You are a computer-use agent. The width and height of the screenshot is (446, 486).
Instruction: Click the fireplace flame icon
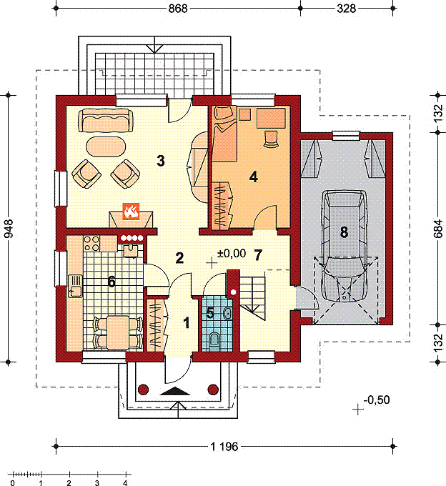pyautogui.click(x=131, y=212)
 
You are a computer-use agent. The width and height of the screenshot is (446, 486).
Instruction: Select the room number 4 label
pyautogui.click(x=254, y=177)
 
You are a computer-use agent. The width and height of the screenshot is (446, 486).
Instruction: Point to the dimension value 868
pyautogui.click(x=178, y=9)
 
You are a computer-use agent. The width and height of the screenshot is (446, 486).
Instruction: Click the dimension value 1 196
pyautogui.click(x=224, y=447)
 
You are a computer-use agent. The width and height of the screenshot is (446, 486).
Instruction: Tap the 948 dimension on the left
pyautogui.click(x=9, y=229)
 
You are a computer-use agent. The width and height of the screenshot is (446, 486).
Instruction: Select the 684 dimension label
pyautogui.click(x=438, y=229)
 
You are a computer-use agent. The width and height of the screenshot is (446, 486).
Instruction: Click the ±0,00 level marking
pyautogui.click(x=231, y=254)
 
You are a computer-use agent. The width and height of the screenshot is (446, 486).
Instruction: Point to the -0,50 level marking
pyautogui.click(x=377, y=400)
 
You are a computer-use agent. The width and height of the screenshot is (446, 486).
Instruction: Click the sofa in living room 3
pyautogui.click(x=105, y=120)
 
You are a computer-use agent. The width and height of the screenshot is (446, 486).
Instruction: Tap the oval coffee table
pyautogui.click(x=105, y=147)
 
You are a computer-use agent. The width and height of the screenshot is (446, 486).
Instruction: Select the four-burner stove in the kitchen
pyautogui.click(x=91, y=243)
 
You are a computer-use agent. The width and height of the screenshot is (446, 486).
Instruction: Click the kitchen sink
pyautogui.click(x=75, y=287)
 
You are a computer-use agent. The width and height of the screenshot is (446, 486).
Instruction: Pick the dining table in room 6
pyautogui.click(x=117, y=332)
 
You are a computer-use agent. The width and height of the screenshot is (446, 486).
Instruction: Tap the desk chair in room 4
pyautogui.click(x=271, y=139)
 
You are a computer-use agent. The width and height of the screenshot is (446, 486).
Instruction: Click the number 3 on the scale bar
pyautogui.click(x=97, y=482)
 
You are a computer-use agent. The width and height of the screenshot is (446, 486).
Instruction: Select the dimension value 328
pyautogui.click(x=346, y=9)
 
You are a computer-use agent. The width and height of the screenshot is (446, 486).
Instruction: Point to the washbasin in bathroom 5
pyautogui.click(x=227, y=313)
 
